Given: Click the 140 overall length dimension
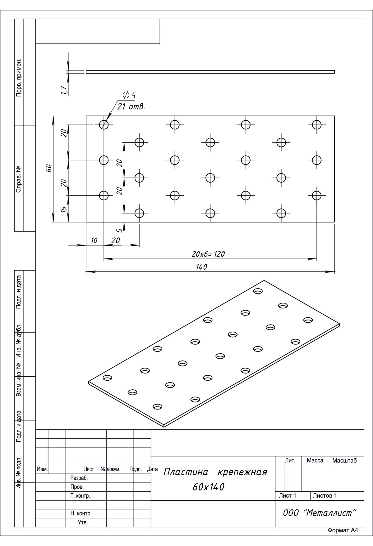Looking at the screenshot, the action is coord(202,267).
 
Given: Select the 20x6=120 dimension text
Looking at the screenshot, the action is coord(208,254).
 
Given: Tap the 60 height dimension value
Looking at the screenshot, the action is coord(48,168).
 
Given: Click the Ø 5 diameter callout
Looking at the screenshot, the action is coord(129,95).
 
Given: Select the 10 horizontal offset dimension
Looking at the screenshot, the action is coord(94,240).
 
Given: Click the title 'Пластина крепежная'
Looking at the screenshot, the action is coord(215,472).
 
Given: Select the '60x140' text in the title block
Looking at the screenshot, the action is coord(208,487).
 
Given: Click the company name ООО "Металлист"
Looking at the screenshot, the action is coord(319,513).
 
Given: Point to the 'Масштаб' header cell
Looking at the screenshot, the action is coord(345,461).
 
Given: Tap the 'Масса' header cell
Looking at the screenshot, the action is coord(315,461).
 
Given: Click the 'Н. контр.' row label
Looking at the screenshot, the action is coord(81,513).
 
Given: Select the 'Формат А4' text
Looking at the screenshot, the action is coord(343,530).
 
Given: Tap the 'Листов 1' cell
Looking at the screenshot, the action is coord(325,496).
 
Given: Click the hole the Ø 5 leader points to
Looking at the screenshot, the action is coord(104,125).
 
